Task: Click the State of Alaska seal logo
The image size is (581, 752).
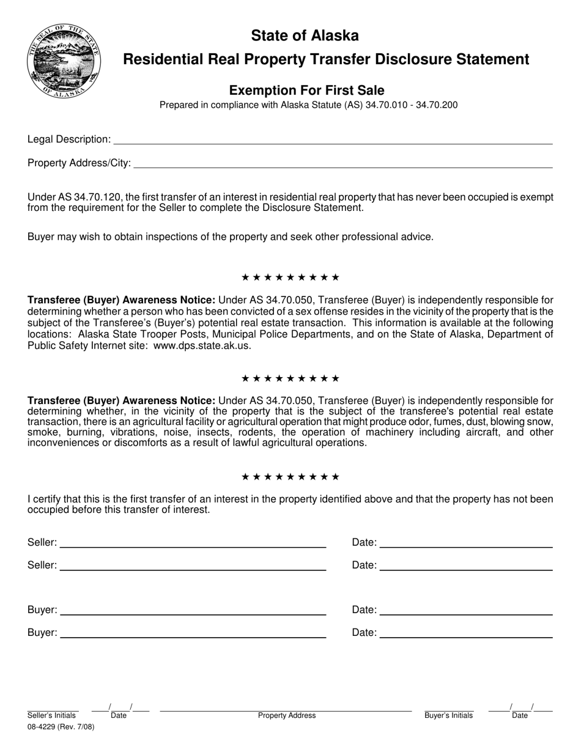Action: (63, 62)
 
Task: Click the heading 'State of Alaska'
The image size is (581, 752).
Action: (305, 36)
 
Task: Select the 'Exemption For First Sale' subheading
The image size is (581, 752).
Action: (306, 90)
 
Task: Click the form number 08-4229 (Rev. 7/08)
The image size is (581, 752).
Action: (61, 728)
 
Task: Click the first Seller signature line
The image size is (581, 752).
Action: (193, 544)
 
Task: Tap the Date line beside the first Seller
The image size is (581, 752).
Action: (465, 544)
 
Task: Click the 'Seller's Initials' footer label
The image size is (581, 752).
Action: (52, 715)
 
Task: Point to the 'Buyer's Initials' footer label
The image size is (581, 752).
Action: (449, 715)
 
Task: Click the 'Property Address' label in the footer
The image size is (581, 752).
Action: (287, 715)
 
